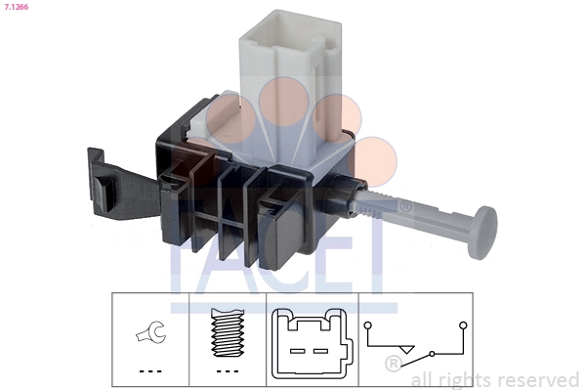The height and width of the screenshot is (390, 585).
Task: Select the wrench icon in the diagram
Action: tap(148, 335)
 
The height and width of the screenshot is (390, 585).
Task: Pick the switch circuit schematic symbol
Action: tap(414, 337)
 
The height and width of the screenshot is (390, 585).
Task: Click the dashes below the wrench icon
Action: tap(148, 370)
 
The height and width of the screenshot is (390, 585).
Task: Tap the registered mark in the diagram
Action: tap(393, 364)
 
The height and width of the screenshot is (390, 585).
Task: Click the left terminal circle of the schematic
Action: tap(368, 323)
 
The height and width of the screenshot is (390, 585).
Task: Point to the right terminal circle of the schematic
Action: tap(462, 323)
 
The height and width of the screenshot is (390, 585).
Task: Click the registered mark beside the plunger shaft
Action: tap(405, 205)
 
